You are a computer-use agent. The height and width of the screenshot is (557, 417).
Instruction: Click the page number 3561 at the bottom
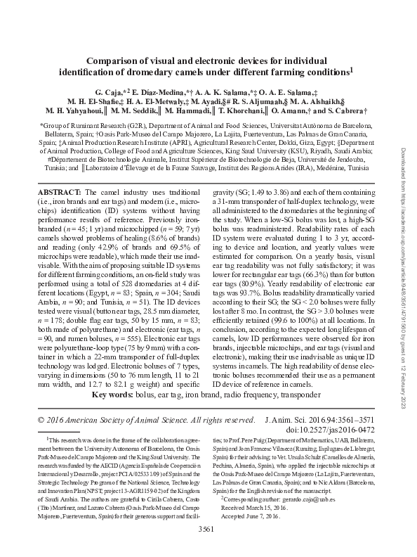208,547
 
